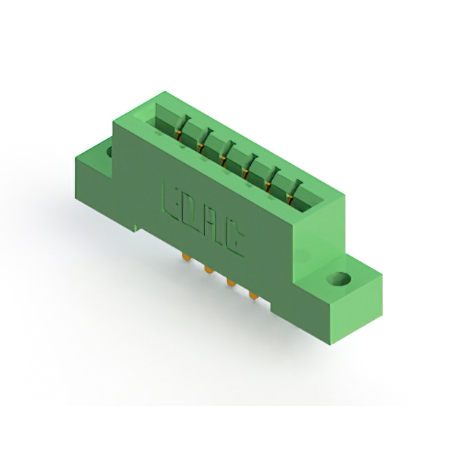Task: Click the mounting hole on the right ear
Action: [x=338, y=279]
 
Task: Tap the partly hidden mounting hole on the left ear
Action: [x=110, y=152]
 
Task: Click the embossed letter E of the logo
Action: [x=171, y=202]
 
